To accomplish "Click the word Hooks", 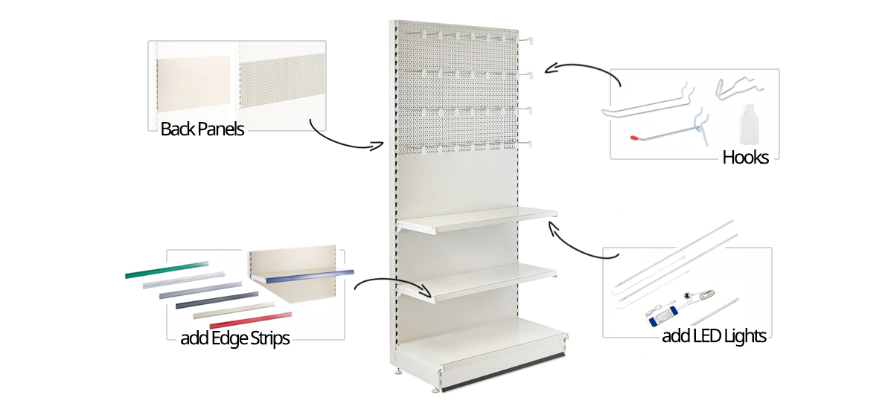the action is pyautogui.click(x=745, y=157).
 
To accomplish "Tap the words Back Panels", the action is pyautogui.click(x=202, y=129).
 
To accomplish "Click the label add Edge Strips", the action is pyautogui.click(x=234, y=338).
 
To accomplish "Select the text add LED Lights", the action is pyautogui.click(x=714, y=336).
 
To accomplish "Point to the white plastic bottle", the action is pyautogui.click(x=747, y=125).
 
